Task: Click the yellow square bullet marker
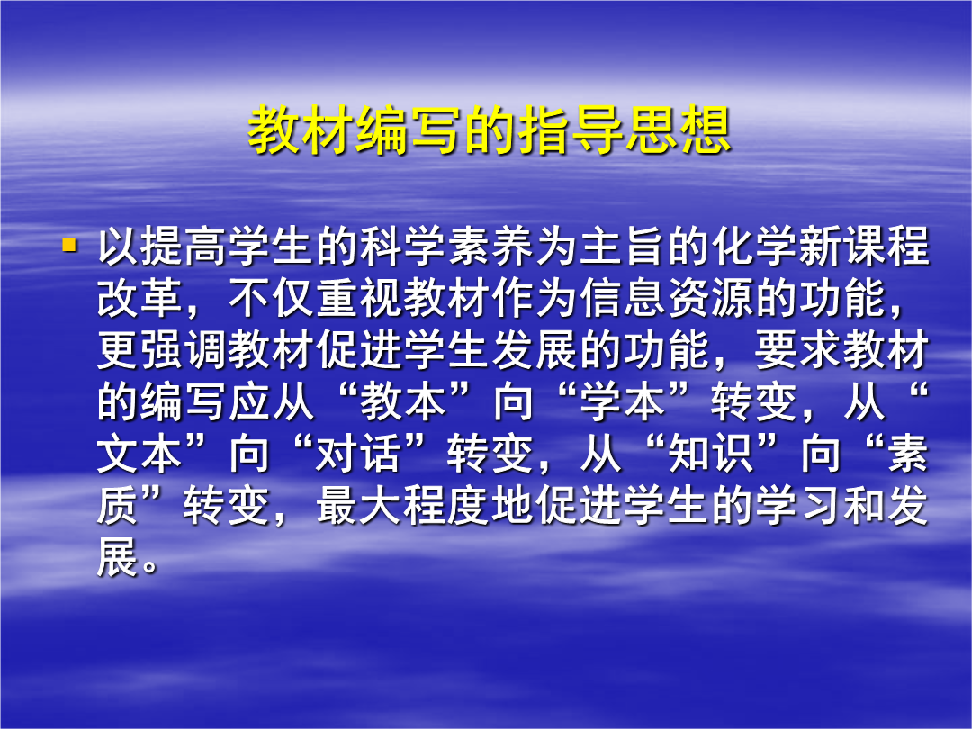click(68, 245)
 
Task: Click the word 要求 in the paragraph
click(799, 350)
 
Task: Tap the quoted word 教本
click(404, 402)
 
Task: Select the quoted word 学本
click(624, 402)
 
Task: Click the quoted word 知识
click(712, 454)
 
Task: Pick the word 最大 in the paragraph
click(360, 507)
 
